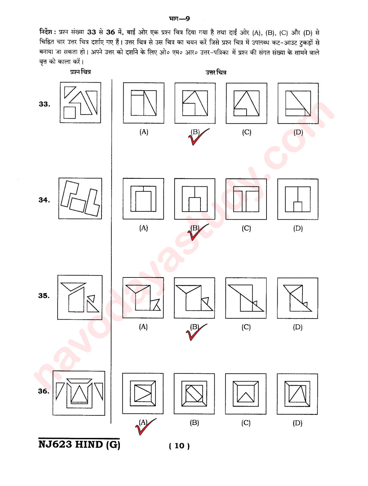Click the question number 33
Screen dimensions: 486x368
[44, 104]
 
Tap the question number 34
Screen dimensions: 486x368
[44, 200]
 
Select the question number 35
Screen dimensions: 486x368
[44, 296]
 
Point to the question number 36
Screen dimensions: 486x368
[44, 391]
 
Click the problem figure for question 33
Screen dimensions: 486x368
[80, 103]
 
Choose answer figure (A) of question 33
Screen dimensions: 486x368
[144, 103]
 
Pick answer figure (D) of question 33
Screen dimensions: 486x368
[298, 103]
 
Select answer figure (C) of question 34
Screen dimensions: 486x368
[246, 199]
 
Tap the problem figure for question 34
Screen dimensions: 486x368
[80, 198]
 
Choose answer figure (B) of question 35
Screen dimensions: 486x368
[194, 298]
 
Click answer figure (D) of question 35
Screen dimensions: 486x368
[297, 298]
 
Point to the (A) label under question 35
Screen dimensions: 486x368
[143, 327]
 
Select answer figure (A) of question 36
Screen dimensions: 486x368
[143, 394]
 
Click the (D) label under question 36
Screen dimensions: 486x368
[297, 423]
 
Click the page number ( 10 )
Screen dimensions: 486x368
[179, 446]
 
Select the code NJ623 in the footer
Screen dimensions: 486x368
[55, 445]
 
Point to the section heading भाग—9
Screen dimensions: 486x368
[179, 19]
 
